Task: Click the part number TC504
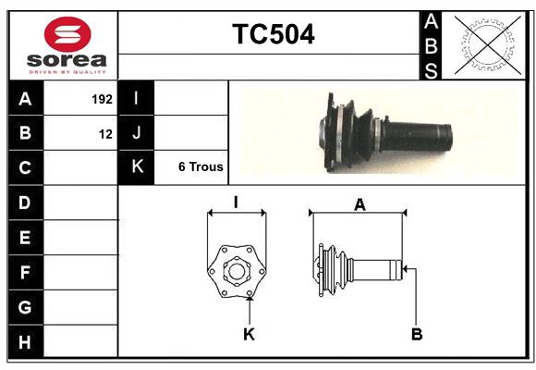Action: tap(273, 34)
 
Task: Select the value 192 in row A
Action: tap(102, 99)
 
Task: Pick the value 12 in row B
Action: tap(106, 134)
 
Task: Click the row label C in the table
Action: tap(25, 168)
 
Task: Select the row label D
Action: tap(25, 203)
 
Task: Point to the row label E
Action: tap(25, 238)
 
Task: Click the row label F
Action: tap(25, 273)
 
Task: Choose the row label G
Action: tap(25, 306)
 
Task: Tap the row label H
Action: tap(25, 341)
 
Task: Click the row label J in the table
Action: tap(137, 133)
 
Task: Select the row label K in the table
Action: tap(137, 167)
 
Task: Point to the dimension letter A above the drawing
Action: tap(359, 205)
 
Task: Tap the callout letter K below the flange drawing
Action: tap(249, 334)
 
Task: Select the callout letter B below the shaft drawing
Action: tap(417, 333)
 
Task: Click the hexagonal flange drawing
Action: tap(237, 272)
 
